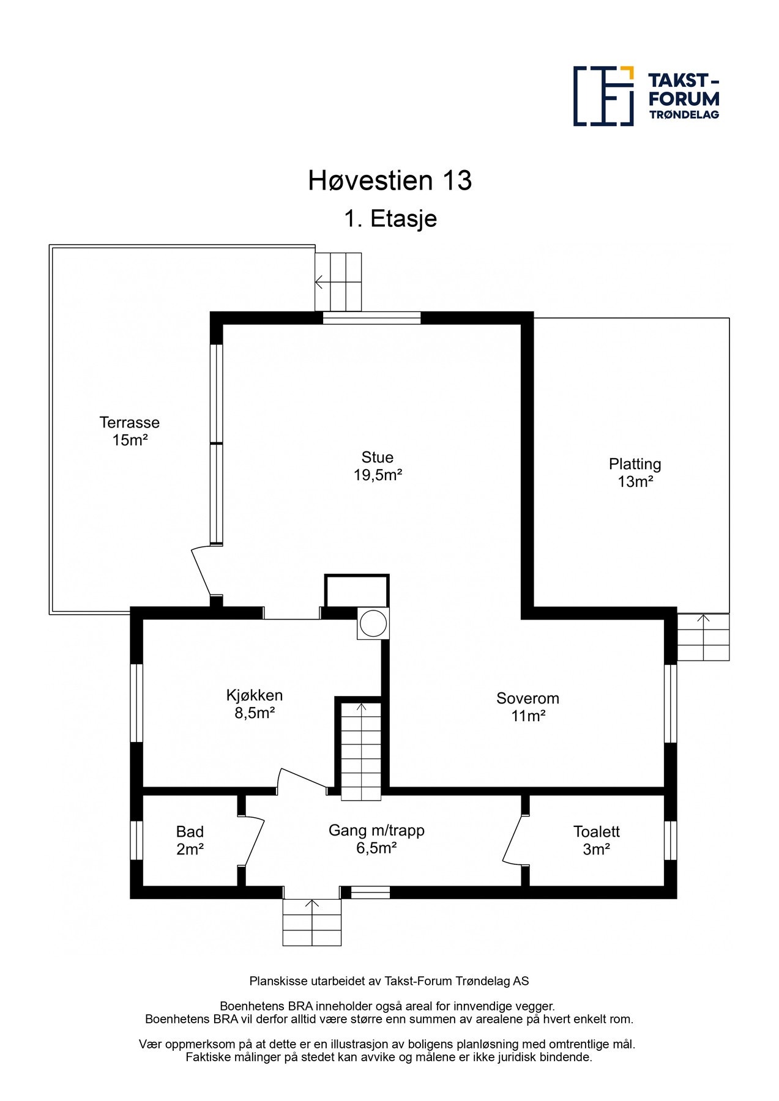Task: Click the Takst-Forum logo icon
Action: click(603, 96)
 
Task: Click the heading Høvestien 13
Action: click(390, 180)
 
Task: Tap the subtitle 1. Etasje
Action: click(390, 218)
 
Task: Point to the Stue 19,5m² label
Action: click(378, 465)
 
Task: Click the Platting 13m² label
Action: click(635, 472)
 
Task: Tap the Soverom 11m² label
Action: click(527, 706)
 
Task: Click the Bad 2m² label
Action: click(190, 840)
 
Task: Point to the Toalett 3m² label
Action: click(597, 840)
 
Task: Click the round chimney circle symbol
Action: click(373, 623)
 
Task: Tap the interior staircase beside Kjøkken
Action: click(361, 751)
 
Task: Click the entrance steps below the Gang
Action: click(312, 922)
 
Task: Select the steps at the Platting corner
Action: click(703, 637)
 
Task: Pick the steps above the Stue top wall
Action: click(338, 282)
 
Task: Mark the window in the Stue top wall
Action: click(372, 317)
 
